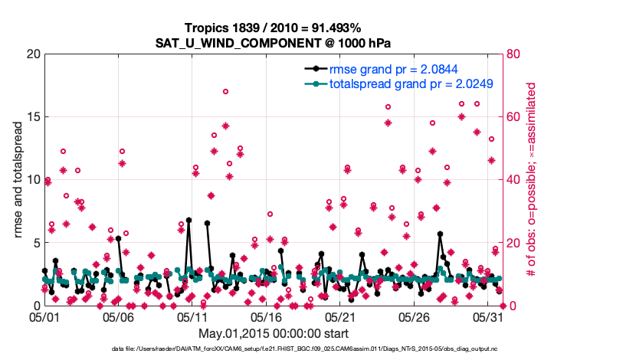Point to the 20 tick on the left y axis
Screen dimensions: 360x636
click(33, 54)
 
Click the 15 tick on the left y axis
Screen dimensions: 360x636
click(33, 117)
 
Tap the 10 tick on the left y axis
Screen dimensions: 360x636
click(33, 180)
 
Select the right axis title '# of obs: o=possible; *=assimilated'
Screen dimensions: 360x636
click(529, 180)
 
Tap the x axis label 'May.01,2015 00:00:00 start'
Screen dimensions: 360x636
click(274, 333)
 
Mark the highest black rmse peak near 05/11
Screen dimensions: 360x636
click(189, 221)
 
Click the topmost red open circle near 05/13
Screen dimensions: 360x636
click(225, 91)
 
